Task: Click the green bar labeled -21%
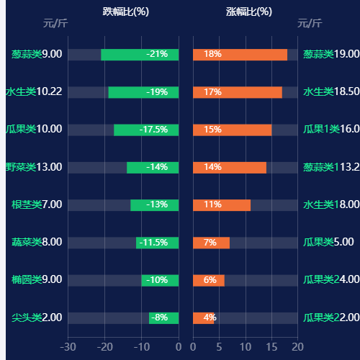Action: pyautogui.click(x=140, y=54)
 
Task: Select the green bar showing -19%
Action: pyautogui.click(x=143, y=91)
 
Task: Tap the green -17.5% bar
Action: pyautogui.click(x=146, y=130)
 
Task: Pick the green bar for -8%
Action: pyautogui.click(x=163, y=318)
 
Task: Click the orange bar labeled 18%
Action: pyautogui.click(x=240, y=54)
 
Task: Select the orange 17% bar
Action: pyautogui.click(x=238, y=91)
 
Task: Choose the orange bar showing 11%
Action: pyautogui.click(x=222, y=204)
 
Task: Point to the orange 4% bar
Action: pyautogui.click(x=203, y=318)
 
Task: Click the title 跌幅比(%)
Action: pyautogui.click(x=125, y=12)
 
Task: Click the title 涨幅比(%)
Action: pyautogui.click(x=248, y=12)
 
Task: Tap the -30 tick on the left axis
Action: pyautogui.click(x=68, y=347)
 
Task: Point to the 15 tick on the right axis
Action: pyautogui.click(x=271, y=347)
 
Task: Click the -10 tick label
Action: pyautogui.click(x=141, y=347)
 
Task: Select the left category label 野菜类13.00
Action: pyautogui.click(x=34, y=167)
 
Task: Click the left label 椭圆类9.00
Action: pyautogui.click(x=37, y=279)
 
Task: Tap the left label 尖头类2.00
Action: pyautogui.click(x=37, y=318)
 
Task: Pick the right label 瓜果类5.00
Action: pyautogui.click(x=328, y=242)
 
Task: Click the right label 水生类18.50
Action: pyautogui.click(x=331, y=91)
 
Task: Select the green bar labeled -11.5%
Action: pyautogui.click(x=157, y=242)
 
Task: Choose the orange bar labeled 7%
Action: pyautogui.click(x=211, y=242)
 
